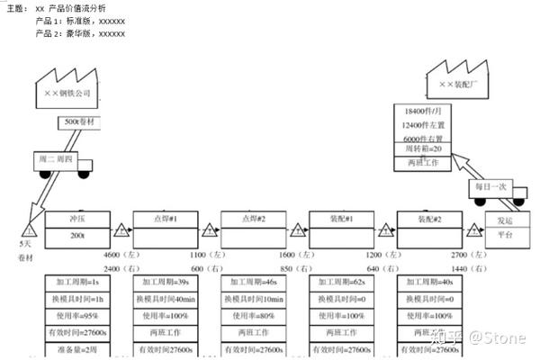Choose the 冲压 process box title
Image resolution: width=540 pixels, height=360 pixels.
(76, 218)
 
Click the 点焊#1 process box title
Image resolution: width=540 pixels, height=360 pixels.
(165, 218)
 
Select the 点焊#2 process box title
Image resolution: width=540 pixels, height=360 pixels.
(253, 218)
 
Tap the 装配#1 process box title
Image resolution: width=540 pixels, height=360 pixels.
(341, 218)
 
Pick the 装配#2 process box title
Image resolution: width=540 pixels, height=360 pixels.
(429, 218)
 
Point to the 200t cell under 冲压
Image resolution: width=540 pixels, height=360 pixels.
(76, 235)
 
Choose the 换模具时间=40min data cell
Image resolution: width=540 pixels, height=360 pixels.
(165, 300)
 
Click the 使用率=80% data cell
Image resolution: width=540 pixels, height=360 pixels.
(253, 316)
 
